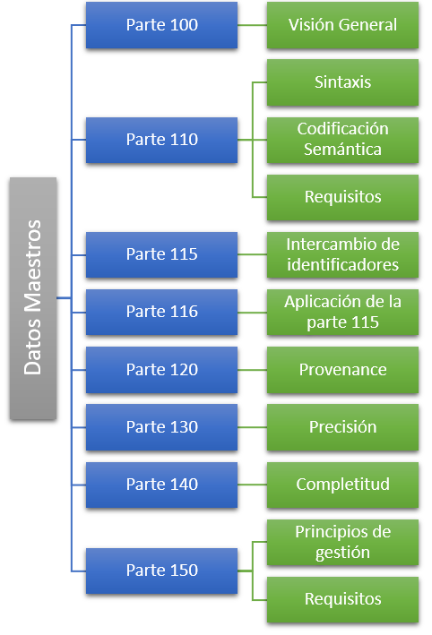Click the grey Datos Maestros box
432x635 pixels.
pyautogui.click(x=33, y=298)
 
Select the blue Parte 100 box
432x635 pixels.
pyautogui.click(x=161, y=25)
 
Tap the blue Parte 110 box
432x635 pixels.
pyautogui.click(x=161, y=140)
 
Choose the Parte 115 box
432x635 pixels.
pyautogui.click(x=161, y=254)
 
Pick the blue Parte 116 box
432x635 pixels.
pyautogui.click(x=161, y=313)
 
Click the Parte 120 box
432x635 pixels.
pyautogui.click(x=161, y=370)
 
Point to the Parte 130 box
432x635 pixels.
pyautogui.click(x=161, y=427)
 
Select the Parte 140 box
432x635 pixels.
pyautogui.click(x=161, y=485)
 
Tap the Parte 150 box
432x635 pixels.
pyautogui.click(x=161, y=571)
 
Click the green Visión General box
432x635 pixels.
pyautogui.click(x=343, y=25)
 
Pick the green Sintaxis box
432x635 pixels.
pyautogui.click(x=343, y=82)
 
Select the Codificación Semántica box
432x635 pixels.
pyautogui.click(x=343, y=140)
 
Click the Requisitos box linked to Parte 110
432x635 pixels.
pyautogui.click(x=343, y=198)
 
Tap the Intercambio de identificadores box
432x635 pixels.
pyautogui.click(x=343, y=254)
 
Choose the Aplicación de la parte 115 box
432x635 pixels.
pyautogui.click(x=343, y=313)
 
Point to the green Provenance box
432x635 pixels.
pyautogui.click(x=343, y=370)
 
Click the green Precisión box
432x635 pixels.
pyautogui.click(x=343, y=427)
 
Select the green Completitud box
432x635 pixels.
pyautogui.click(x=343, y=485)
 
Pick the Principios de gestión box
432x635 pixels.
pyautogui.click(x=343, y=542)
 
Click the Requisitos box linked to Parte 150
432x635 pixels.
pyautogui.click(x=343, y=599)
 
